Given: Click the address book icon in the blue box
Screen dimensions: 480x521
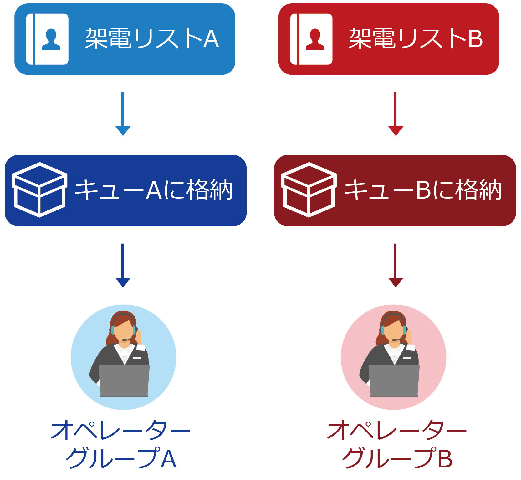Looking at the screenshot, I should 47,39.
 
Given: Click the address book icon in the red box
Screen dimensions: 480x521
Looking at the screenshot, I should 311,39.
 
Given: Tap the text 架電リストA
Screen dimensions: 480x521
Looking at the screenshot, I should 152,39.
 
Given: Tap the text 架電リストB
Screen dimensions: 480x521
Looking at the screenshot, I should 416,39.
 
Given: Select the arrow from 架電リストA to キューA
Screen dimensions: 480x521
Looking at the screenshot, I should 123,114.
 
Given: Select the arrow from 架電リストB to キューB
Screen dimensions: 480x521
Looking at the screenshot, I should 396,114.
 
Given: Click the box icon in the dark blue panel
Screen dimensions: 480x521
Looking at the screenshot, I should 39,190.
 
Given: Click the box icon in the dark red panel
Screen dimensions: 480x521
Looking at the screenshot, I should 309,190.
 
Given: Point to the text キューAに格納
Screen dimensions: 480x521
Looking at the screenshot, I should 154,190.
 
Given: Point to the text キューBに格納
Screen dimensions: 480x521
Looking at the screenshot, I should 423,190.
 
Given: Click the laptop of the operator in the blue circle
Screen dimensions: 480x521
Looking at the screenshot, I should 124,380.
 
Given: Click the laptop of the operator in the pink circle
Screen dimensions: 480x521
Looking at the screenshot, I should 394,380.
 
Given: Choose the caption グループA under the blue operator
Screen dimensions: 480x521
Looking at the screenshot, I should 121,458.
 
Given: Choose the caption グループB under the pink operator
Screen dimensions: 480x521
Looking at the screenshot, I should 397,458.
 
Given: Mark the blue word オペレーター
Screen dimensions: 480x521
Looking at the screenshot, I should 120,431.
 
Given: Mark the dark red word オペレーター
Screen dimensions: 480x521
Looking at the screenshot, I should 397,431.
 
